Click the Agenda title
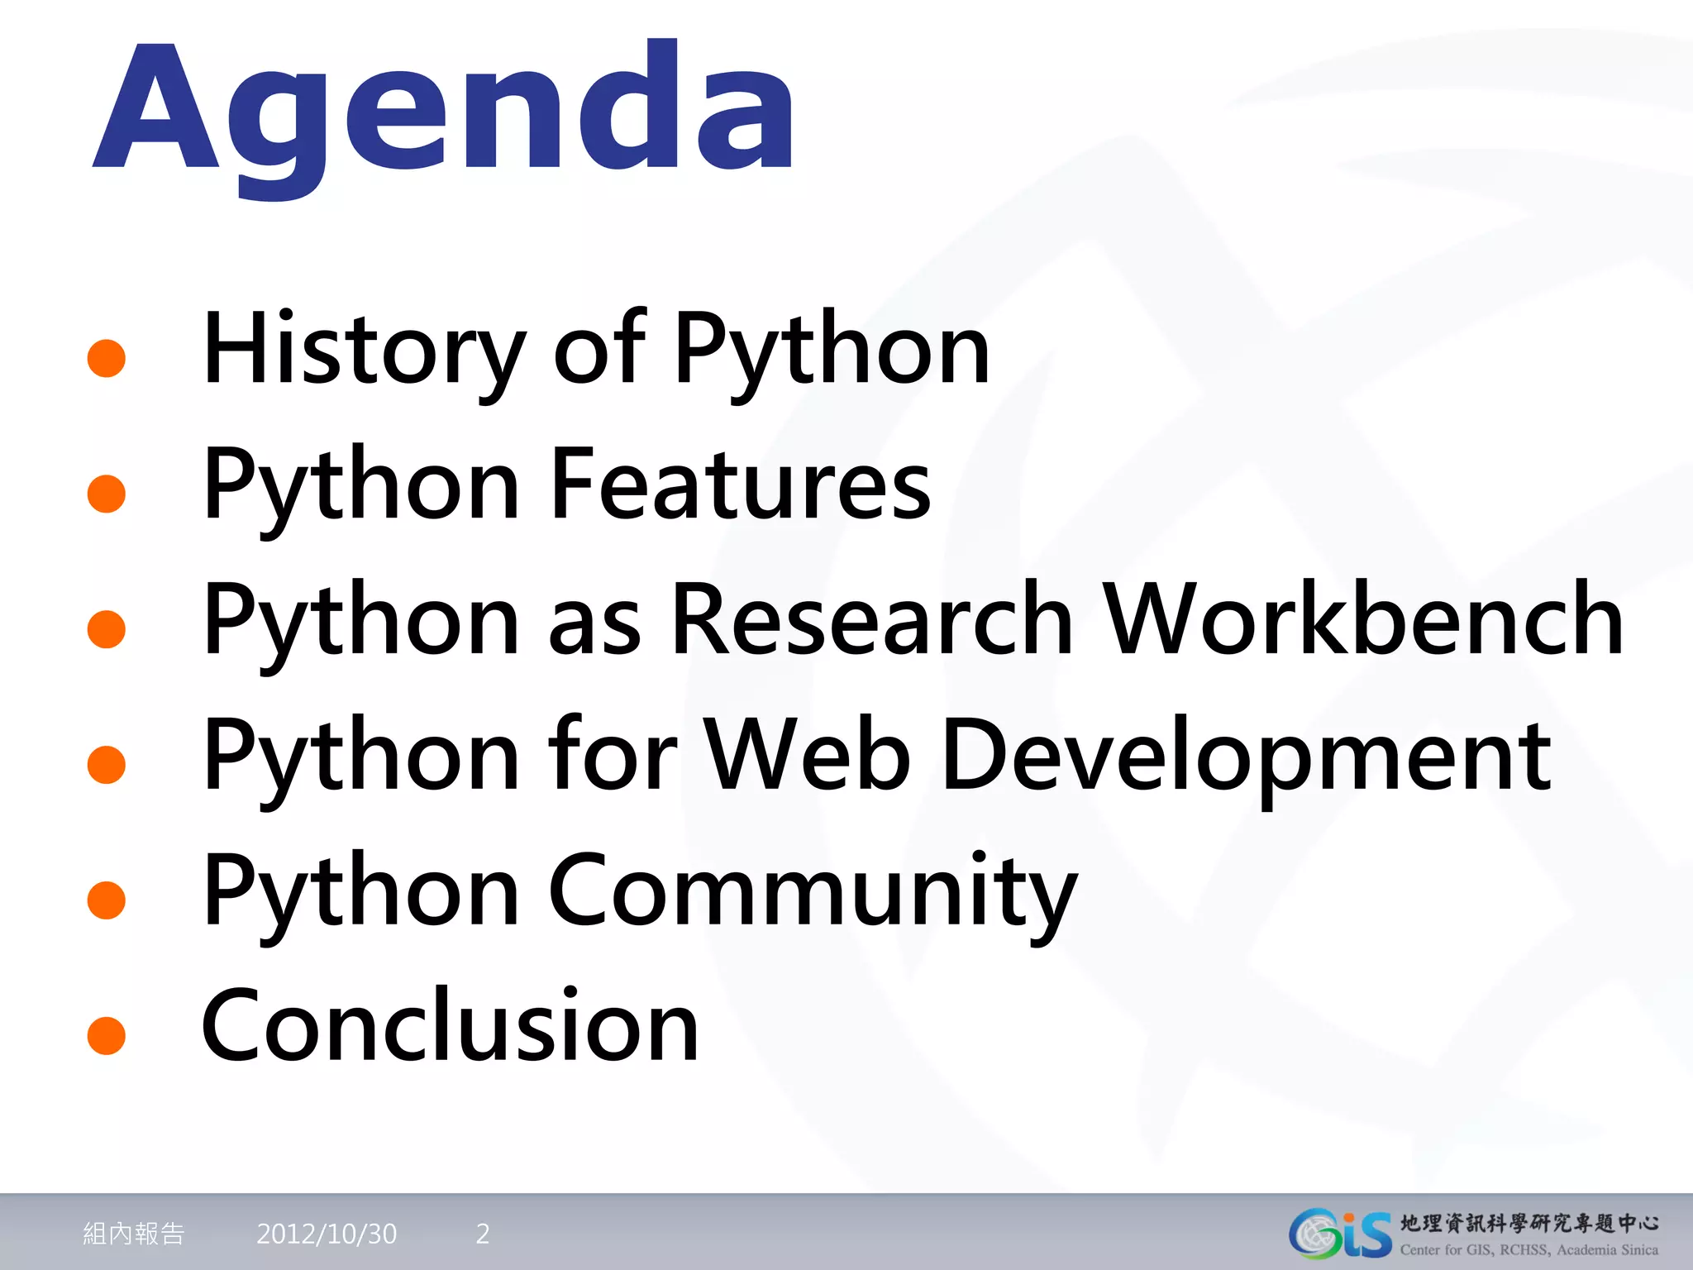pyautogui.click(x=445, y=112)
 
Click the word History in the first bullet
pyautogui.click(x=364, y=349)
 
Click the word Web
pyautogui.click(x=807, y=755)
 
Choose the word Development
pyautogui.click(x=1245, y=755)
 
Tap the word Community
pyautogui.click(x=812, y=891)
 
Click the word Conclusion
pyautogui.click(x=451, y=1026)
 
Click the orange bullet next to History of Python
pyautogui.click(x=107, y=358)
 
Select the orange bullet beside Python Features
pyautogui.click(x=107, y=494)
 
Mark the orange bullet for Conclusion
pyautogui.click(x=107, y=1035)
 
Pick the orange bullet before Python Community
pyautogui.click(x=107, y=900)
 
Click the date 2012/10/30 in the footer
pyautogui.click(x=327, y=1234)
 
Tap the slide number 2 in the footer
pyautogui.click(x=483, y=1234)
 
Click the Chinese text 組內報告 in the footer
pyautogui.click(x=134, y=1234)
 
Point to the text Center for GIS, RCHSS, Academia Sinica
pyautogui.click(x=1528, y=1250)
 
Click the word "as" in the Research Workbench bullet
pyautogui.click(x=595, y=622)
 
